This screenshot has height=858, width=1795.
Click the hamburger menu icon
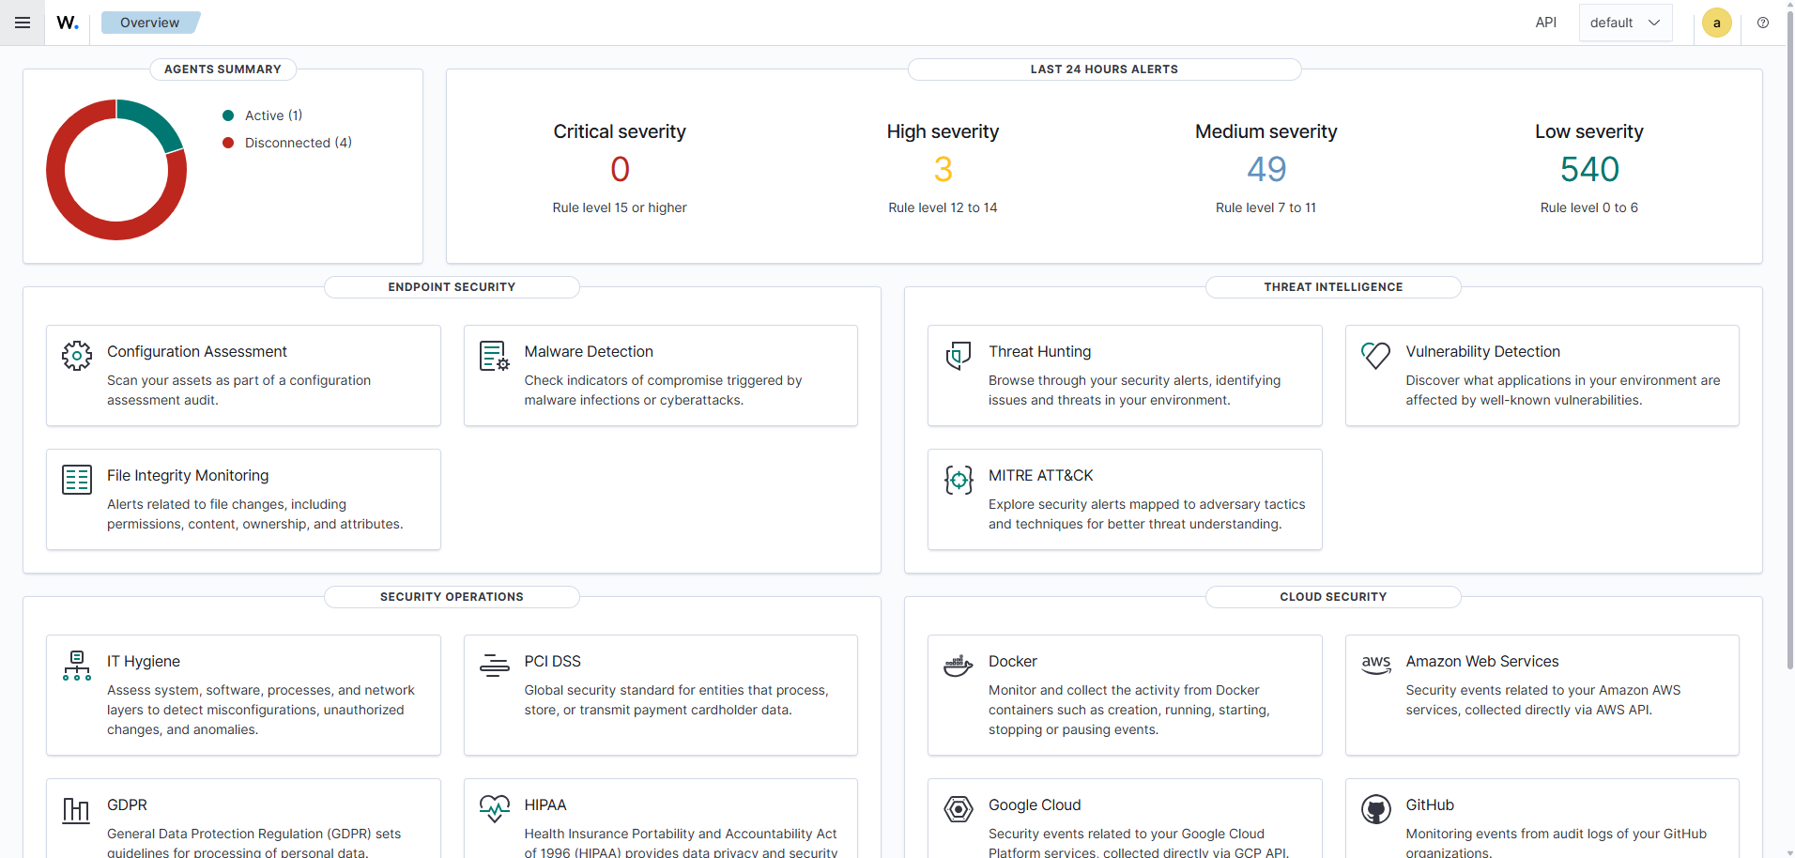(23, 23)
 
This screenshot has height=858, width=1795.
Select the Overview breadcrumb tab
(150, 23)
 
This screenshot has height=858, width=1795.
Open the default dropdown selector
(1625, 23)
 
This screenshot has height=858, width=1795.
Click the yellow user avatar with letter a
(1716, 23)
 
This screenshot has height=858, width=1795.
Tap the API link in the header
(1545, 23)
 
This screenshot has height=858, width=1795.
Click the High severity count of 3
(943, 169)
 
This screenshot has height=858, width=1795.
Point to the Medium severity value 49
(1266, 169)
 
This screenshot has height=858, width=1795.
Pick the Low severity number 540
(1589, 169)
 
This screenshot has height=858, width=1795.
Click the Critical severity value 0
(620, 169)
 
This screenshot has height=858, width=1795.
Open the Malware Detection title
(589, 351)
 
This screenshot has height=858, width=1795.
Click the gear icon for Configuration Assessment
(77, 356)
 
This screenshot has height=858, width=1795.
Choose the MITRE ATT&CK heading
(1040, 475)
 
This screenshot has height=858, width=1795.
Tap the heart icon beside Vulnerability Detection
(1375, 356)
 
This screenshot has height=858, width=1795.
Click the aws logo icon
(1376, 665)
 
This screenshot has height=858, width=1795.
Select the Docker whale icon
(959, 666)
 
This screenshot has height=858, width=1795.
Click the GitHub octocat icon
(1376, 809)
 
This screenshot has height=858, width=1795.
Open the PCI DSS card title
(552, 661)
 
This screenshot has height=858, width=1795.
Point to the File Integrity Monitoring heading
(188, 475)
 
